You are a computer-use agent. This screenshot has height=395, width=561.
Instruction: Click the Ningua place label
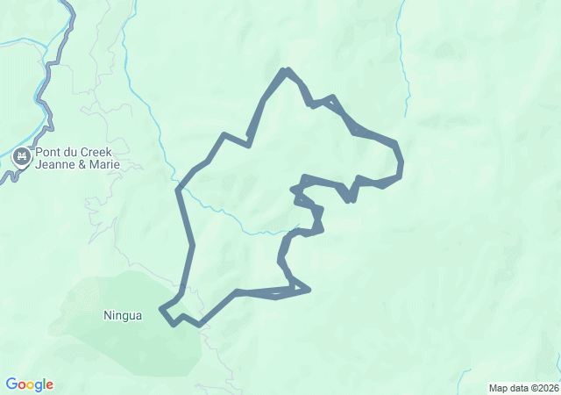(x=122, y=315)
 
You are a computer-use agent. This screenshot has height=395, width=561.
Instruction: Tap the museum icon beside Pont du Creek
(x=22, y=158)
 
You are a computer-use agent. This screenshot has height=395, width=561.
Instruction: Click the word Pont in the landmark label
(x=51, y=152)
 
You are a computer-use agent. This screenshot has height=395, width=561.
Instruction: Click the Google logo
(x=29, y=384)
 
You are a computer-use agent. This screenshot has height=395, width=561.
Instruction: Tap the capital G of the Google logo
(x=11, y=384)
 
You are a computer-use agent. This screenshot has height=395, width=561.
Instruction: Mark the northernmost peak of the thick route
(x=285, y=69)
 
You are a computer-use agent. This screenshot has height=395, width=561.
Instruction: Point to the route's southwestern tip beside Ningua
(x=161, y=309)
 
